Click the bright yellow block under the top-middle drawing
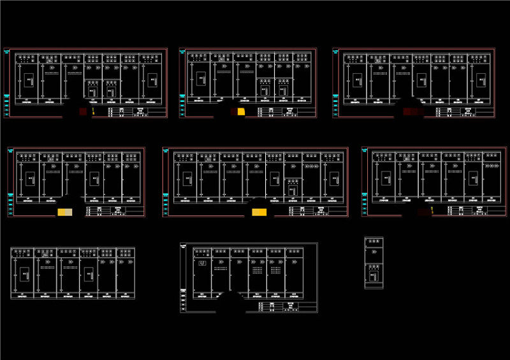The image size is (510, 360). (x=240, y=112)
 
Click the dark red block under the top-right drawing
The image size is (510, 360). (x=413, y=112)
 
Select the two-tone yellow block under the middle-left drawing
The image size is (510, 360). (x=66, y=212)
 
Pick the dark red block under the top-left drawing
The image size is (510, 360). (x=82, y=112)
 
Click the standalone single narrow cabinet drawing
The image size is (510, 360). (x=374, y=263)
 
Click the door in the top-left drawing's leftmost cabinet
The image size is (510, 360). (x=29, y=80)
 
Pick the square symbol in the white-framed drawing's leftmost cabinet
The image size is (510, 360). (x=203, y=264)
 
